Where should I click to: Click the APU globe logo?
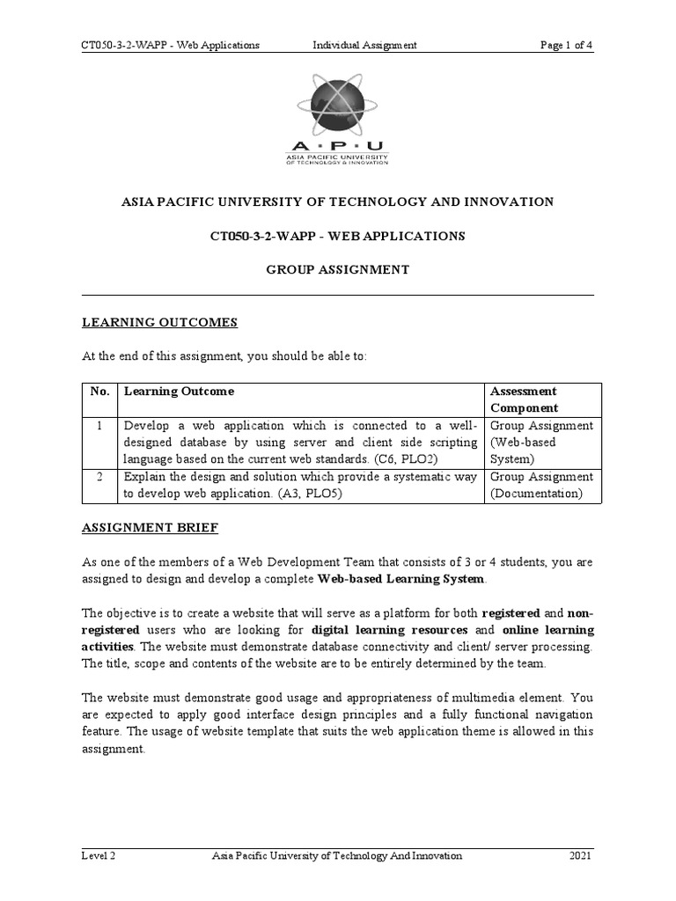coord(337,105)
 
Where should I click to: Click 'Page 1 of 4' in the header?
coord(566,45)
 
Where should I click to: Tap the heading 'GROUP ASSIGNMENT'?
coord(338,270)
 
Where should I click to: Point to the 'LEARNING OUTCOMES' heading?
coord(159,323)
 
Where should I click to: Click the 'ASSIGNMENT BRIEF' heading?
coord(150,528)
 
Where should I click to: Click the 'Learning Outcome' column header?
coord(179,392)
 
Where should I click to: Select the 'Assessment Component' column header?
coord(524,399)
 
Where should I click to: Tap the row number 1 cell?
coord(100,426)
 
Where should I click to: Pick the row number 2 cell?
coord(100,477)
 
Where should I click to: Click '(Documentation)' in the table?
coord(536,494)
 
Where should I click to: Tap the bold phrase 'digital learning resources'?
coord(392,630)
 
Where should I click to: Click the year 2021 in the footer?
coord(581,855)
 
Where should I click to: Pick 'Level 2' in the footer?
coord(99,855)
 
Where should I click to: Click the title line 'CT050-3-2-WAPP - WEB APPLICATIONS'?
coord(338,236)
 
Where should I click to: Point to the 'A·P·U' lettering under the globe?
coord(336,146)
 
